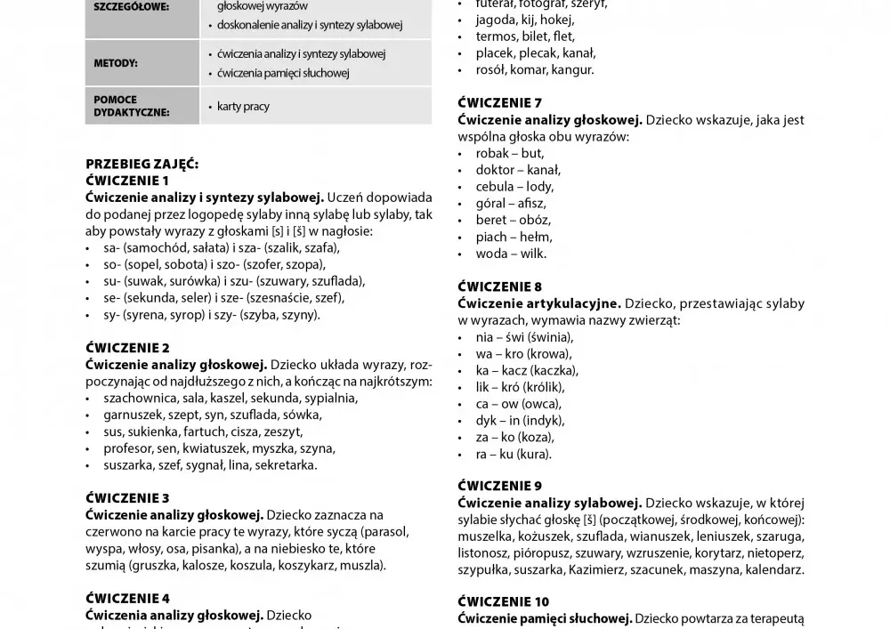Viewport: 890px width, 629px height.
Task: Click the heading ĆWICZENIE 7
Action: pyautogui.click(x=499, y=102)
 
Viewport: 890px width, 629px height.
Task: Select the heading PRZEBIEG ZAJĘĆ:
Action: pyautogui.click(x=142, y=165)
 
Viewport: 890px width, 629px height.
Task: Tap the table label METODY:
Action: pyautogui.click(x=116, y=63)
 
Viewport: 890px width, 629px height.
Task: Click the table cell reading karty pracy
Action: pyautogui.click(x=243, y=107)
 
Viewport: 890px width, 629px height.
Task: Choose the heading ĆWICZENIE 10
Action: pyautogui.click(x=504, y=601)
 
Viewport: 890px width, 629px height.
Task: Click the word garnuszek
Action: pyautogui.click(x=136, y=415)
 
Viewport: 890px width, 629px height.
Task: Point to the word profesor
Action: pyautogui.click(x=129, y=448)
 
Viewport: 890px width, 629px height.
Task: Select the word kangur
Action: pyautogui.click(x=572, y=69)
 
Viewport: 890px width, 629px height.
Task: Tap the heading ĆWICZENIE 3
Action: pyautogui.click(x=127, y=498)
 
